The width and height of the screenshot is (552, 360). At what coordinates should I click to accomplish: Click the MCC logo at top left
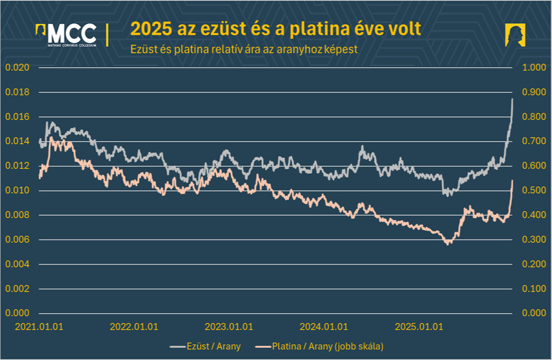[x=66, y=35]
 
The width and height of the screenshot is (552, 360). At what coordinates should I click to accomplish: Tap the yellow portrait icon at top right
[x=516, y=35]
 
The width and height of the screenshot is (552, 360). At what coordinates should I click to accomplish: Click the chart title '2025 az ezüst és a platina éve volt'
[x=276, y=29]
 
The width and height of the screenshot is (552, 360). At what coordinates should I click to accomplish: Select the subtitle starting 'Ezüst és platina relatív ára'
[x=243, y=49]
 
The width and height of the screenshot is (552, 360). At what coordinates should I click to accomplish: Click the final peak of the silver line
[x=512, y=100]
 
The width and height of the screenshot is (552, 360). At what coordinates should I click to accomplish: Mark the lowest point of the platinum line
[x=448, y=244]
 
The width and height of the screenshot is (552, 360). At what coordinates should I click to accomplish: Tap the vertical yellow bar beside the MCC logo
[x=108, y=35]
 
